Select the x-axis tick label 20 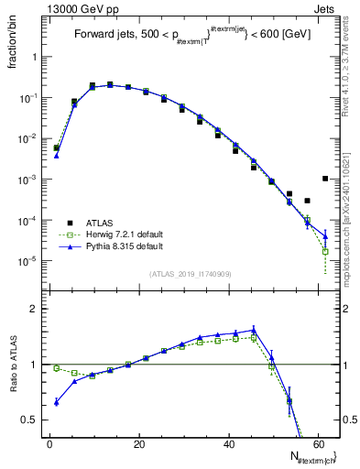point(138,444)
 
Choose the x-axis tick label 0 point(49,444)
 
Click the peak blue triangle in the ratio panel point(253,329)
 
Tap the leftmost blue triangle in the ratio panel point(57,402)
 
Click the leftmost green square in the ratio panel point(57,368)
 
